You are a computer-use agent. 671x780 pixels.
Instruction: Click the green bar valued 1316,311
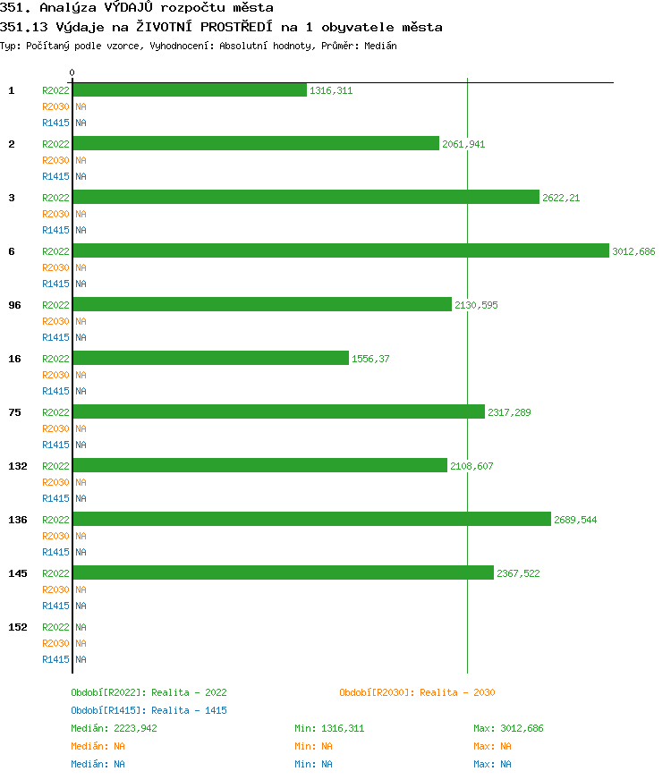tap(190, 90)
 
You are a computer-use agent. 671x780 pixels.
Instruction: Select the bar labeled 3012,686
tap(341, 251)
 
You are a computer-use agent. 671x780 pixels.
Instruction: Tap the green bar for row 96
tap(262, 305)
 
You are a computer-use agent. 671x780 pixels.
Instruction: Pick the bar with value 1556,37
tap(211, 359)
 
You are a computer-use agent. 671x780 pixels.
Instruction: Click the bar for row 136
tap(312, 520)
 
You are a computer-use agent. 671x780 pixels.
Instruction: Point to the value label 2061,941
tap(463, 144)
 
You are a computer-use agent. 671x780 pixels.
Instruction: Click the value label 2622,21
tap(561, 198)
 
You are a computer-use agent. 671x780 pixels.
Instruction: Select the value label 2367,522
tap(518, 573)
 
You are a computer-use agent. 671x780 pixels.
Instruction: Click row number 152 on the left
tap(17, 627)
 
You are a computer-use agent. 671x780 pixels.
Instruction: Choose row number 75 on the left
tap(14, 412)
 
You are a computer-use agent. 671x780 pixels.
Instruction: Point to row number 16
tap(14, 359)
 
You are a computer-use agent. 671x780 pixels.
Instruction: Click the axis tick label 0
tap(72, 72)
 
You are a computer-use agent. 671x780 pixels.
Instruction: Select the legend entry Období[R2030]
tap(417, 692)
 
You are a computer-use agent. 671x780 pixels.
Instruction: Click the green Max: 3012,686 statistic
tap(508, 728)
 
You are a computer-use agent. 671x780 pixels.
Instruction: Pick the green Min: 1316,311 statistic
tap(329, 728)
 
